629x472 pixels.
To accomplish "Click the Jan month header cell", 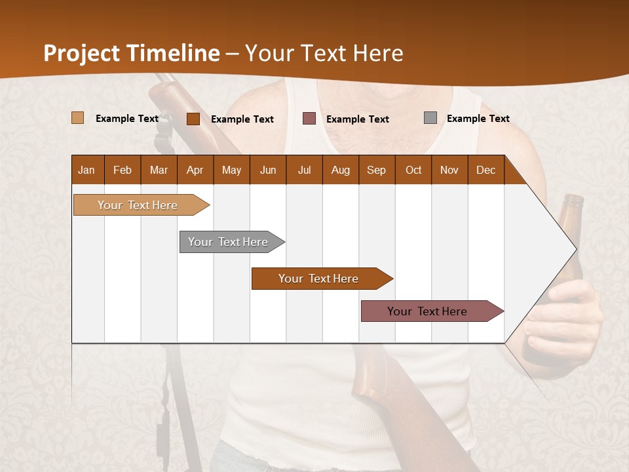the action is [86, 170].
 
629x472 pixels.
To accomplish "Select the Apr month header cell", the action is [195, 170].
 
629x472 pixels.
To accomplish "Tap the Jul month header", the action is [304, 170].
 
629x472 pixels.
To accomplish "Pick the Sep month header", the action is [376, 170].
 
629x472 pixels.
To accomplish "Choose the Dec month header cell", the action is [486, 170].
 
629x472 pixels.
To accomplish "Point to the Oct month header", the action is [413, 170].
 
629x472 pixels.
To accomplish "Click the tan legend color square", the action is [77, 118].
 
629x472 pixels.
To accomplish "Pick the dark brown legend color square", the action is [193, 119].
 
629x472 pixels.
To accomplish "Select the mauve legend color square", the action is [309, 119].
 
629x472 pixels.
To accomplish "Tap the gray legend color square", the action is [430, 118].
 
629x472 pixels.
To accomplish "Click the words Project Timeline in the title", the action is [131, 53].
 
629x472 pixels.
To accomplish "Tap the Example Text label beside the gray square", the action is [478, 119].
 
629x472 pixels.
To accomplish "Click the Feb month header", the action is [123, 170].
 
